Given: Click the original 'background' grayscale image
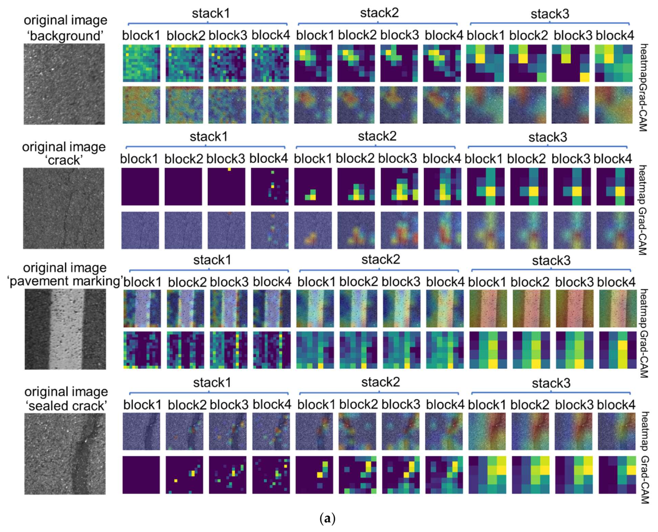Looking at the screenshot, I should point(64,84).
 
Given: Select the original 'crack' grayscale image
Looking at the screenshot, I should point(63,208).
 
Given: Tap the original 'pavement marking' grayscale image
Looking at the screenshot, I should point(65,329).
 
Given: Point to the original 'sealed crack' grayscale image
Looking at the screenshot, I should point(65,453).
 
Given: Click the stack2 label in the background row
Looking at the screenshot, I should point(379,13).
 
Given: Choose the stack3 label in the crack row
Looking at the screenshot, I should point(547,137).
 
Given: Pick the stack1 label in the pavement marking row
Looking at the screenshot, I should point(212,260).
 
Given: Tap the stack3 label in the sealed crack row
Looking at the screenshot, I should point(551,383).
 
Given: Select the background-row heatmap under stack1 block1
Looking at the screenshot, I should point(141,63).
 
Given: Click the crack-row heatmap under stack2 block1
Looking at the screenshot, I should point(313,186).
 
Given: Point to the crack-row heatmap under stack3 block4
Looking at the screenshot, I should point(615,186).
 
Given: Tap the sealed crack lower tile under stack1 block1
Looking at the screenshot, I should point(141,475).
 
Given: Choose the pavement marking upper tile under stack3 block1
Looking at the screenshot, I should point(487,308).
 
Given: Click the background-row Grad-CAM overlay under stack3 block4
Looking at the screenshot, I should point(613,105).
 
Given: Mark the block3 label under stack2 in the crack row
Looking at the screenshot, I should point(398,158).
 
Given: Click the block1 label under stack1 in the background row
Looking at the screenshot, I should point(141,35).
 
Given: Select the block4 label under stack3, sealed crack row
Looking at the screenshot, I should point(616,405).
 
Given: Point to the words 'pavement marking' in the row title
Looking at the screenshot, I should point(65,281).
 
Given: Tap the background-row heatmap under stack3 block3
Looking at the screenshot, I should point(571,63).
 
